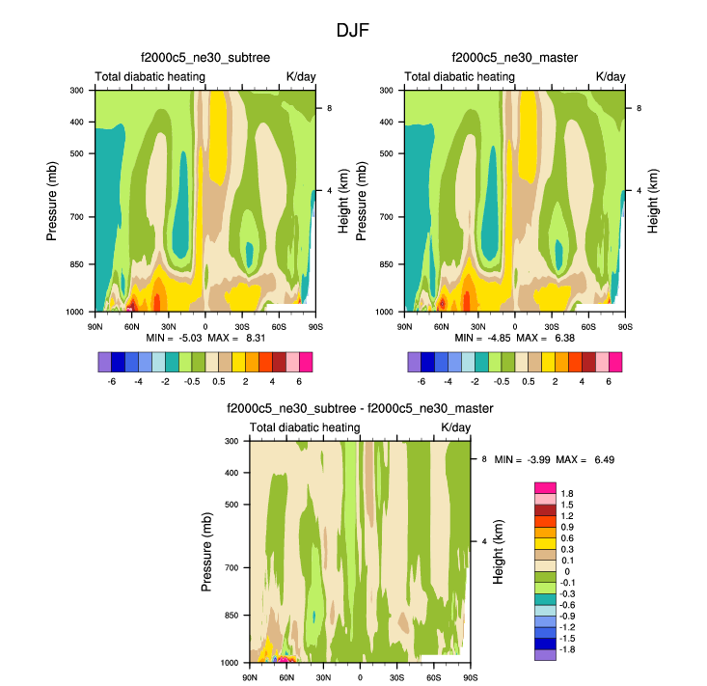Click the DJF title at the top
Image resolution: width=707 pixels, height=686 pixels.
(x=352, y=30)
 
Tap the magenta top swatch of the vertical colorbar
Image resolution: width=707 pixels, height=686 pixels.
(x=545, y=487)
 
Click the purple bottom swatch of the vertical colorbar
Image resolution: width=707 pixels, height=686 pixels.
(x=545, y=654)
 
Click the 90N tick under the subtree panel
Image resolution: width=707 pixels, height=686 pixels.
(x=95, y=327)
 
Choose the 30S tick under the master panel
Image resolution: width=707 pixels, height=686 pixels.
(x=552, y=327)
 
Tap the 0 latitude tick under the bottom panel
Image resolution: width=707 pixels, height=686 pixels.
(x=360, y=677)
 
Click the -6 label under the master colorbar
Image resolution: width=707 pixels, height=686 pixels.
(x=421, y=381)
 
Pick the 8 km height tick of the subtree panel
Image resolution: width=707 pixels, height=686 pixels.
(x=330, y=108)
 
